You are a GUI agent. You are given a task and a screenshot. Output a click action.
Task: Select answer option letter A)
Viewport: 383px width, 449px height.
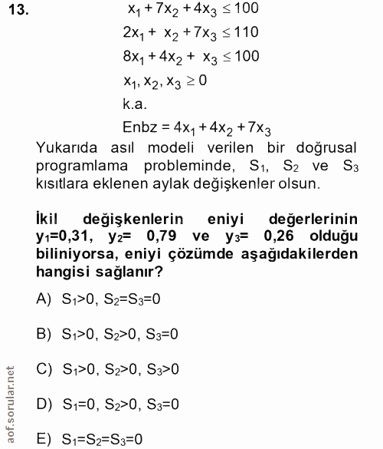coord(44,301)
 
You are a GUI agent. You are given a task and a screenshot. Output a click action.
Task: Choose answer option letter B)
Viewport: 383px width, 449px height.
coord(44,334)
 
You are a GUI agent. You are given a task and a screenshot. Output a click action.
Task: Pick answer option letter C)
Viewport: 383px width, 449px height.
coord(44,368)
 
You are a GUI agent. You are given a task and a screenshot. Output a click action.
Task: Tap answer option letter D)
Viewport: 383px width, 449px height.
coord(44,403)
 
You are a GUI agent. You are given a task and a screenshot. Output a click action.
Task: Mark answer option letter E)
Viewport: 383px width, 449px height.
coord(44,438)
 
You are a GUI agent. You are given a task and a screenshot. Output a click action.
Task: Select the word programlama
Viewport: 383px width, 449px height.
coord(85,166)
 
